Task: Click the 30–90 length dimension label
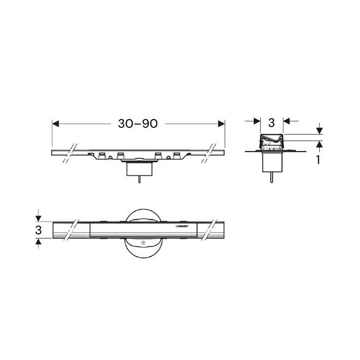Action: coord(138,123)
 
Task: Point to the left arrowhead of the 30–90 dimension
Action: coord(56,123)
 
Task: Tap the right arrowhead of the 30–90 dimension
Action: coord(221,123)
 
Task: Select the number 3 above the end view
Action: coord(272,122)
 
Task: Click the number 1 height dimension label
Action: coord(318,160)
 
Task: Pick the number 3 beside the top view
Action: coord(38,229)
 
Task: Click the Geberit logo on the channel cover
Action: coord(183,226)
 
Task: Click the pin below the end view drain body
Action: coord(271,178)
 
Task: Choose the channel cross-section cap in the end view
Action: coord(272,141)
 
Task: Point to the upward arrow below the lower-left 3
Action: coord(38,242)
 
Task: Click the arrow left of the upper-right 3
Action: coord(255,121)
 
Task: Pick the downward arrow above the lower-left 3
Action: coord(38,217)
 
